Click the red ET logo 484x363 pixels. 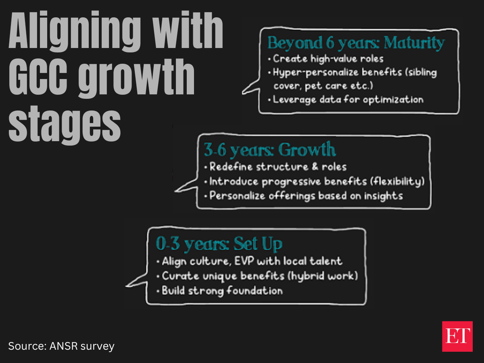point(457,336)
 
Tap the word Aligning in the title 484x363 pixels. point(75,31)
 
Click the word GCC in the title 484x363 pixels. point(38,77)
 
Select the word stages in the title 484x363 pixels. point(65,125)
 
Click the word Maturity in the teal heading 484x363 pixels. point(414,43)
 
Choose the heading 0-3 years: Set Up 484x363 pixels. point(219,244)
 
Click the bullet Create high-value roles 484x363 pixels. point(326,59)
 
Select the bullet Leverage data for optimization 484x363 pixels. point(346,100)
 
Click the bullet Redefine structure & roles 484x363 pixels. point(275,167)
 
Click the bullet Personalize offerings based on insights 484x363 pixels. point(304,196)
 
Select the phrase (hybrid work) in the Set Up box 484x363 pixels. point(323,276)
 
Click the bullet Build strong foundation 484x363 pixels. point(220,291)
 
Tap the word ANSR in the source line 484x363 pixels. point(64,346)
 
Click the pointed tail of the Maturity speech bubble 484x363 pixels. point(243,93)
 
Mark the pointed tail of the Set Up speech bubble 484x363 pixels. point(126,286)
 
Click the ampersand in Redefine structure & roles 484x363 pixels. point(315,167)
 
